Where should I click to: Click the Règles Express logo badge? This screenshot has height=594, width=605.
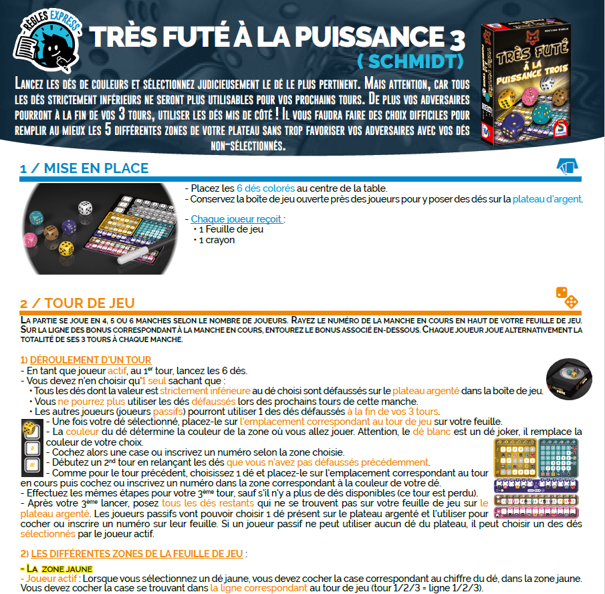pos(47,41)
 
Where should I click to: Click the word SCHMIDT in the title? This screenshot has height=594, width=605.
pos(410,61)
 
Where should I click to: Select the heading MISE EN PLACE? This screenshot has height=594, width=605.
pos(96,168)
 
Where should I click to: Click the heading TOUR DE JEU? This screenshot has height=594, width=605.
pos(90,303)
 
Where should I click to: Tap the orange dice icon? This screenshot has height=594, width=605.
pos(567,298)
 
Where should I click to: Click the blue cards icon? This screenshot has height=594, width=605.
pos(567,166)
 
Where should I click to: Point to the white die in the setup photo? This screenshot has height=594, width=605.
pos(86,208)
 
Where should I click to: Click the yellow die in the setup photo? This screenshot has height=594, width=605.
pos(66,249)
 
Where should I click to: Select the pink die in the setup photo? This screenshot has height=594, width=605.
pos(31,239)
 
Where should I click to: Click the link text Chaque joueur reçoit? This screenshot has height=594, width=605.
pos(237,219)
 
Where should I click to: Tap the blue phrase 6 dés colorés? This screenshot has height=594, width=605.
pos(265,188)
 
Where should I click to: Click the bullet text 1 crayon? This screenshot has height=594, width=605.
pos(217,240)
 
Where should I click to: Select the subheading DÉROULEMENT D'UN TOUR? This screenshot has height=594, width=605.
pos(90,360)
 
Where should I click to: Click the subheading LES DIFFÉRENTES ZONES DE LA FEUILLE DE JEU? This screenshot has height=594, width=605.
pos(137,553)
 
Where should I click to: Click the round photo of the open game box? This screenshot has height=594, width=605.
pos(569,379)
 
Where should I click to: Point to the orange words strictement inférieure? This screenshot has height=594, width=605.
pos(205,391)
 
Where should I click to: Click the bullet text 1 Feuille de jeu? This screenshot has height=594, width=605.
pos(231,229)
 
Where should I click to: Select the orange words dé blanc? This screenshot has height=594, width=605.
pos(431,432)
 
